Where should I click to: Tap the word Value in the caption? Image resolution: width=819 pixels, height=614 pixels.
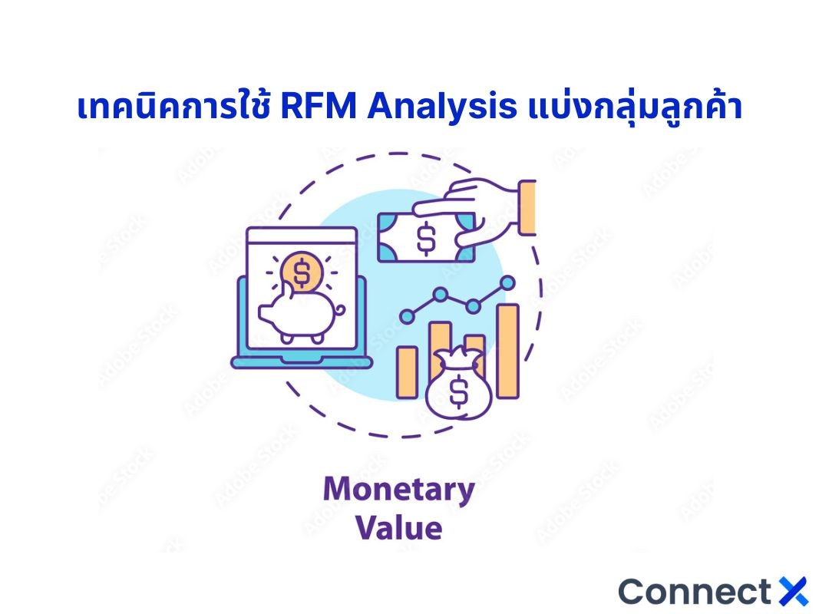(x=399, y=529)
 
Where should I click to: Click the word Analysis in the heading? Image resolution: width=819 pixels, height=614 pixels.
(x=441, y=108)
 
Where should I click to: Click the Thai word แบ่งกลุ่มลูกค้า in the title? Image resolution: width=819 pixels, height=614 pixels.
(x=635, y=108)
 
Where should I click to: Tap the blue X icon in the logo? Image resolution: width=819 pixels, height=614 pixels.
(x=793, y=592)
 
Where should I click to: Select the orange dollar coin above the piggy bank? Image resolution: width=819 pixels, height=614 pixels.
(x=302, y=271)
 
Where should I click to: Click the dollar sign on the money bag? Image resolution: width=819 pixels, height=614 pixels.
(x=458, y=392)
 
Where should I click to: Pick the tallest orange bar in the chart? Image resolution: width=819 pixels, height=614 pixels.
(x=507, y=350)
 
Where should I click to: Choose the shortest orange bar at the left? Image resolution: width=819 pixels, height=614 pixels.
(x=407, y=371)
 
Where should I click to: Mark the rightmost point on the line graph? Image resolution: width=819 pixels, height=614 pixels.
(x=507, y=283)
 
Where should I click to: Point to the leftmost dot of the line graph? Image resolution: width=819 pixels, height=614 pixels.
(x=406, y=315)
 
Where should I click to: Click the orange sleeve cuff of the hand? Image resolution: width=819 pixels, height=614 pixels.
(x=527, y=207)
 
